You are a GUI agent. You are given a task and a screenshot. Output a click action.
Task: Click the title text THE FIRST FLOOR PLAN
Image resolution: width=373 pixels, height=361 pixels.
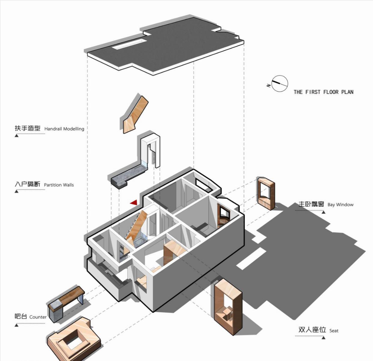[x=323, y=92]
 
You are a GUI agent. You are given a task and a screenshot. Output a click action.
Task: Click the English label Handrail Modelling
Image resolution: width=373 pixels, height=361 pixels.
[x=64, y=129]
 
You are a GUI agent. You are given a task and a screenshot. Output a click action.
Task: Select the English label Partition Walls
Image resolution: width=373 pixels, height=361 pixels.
[x=59, y=185]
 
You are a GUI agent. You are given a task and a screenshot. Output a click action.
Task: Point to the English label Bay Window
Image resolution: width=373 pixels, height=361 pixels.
[x=341, y=205]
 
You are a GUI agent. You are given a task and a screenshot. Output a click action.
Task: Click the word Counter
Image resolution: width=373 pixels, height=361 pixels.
[x=38, y=317]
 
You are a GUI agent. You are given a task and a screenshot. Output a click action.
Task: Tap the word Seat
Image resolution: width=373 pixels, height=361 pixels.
[x=334, y=331]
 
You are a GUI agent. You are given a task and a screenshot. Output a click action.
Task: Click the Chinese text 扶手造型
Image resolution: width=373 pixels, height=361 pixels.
[x=28, y=128]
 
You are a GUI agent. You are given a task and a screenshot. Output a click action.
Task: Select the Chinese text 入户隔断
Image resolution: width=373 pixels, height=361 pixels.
[x=28, y=184]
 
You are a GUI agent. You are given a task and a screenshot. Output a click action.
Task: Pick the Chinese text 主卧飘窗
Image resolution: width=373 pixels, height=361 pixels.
[x=311, y=204]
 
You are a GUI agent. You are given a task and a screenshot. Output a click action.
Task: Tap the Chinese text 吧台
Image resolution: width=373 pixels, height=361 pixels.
[x=21, y=316]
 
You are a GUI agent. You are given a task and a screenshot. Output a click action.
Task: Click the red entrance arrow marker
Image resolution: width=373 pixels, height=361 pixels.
[x=134, y=202]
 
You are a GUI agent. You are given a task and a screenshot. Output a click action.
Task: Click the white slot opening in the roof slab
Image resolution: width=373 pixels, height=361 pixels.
[x=129, y=44]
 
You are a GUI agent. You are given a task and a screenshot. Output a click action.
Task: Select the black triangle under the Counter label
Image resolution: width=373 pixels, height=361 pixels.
[x=17, y=325]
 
